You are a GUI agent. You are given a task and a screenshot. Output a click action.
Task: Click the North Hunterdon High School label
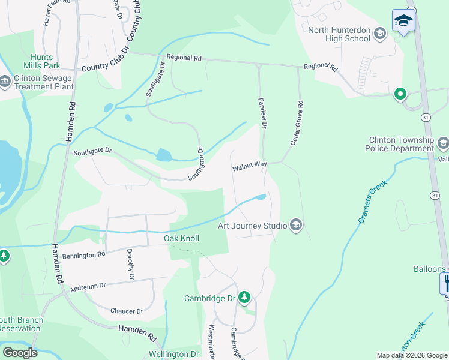(339, 34)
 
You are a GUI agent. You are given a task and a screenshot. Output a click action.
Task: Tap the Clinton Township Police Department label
(401, 144)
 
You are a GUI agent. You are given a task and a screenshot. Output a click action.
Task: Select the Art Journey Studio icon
(295, 225)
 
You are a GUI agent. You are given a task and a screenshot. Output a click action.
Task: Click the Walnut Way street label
(250, 169)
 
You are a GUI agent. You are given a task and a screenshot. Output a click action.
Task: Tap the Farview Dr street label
(262, 112)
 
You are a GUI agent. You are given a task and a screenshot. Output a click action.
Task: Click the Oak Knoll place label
(182, 238)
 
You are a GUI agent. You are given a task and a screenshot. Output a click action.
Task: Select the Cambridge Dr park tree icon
(244, 298)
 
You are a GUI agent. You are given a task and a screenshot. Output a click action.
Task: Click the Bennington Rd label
(84, 256)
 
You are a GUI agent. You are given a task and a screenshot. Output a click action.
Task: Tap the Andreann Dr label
(88, 287)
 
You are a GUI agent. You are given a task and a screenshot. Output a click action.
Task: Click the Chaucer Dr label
(127, 311)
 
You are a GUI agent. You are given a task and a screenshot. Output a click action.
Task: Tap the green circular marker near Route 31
(400, 94)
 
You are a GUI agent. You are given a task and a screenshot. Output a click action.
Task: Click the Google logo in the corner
(20, 352)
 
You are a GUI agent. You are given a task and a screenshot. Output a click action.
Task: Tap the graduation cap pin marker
(403, 21)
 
